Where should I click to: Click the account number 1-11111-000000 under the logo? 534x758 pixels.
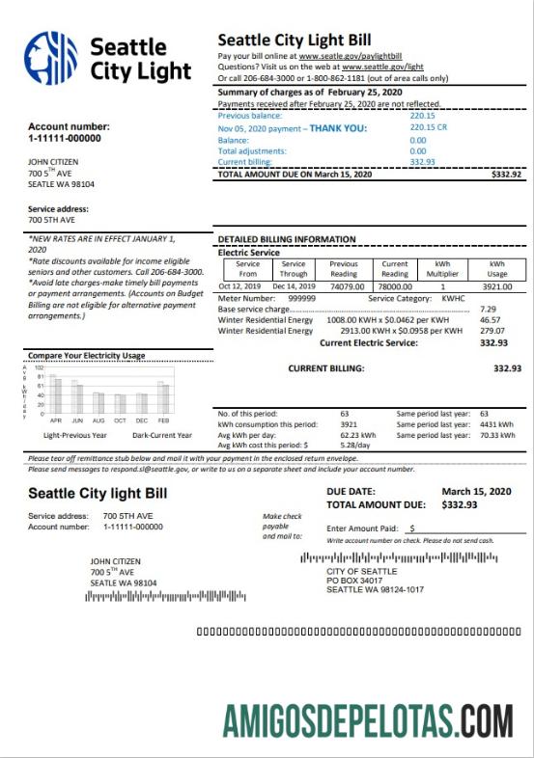69,139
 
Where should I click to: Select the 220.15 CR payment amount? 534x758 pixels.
428,127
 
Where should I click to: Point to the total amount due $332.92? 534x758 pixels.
506,175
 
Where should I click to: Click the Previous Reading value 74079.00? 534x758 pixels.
344,286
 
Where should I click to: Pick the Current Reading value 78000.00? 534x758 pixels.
395,286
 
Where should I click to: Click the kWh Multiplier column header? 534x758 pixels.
443,269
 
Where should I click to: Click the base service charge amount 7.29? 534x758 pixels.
488,309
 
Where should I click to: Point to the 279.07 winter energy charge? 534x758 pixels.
493,330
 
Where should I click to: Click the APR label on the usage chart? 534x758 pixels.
56,421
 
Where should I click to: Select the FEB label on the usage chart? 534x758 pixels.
163,421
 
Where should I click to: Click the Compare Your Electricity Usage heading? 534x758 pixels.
86,355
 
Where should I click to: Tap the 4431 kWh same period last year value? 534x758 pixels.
494,424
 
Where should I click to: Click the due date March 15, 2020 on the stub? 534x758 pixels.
475,491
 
